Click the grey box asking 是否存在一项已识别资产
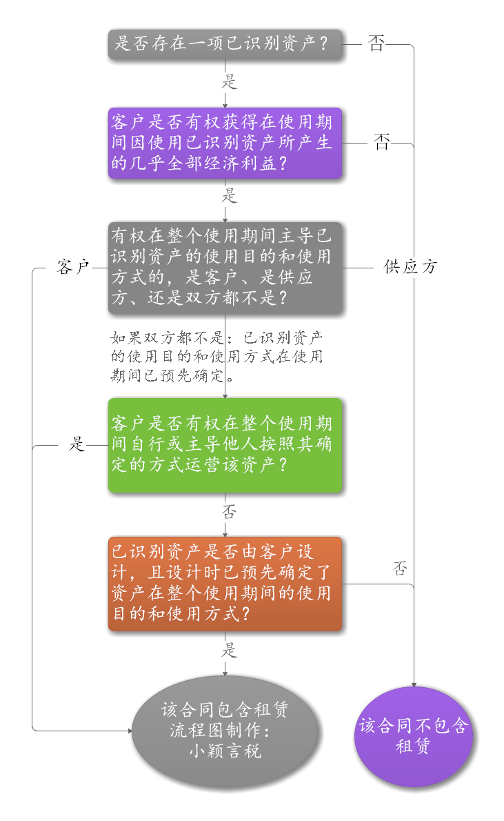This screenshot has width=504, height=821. click(x=225, y=45)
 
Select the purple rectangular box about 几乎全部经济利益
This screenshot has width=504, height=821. click(x=225, y=144)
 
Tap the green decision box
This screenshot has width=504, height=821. click(x=225, y=445)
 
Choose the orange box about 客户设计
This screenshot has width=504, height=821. click(x=225, y=583)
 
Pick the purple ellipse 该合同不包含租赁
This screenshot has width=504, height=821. click(x=414, y=736)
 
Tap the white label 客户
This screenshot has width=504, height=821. click(x=70, y=267)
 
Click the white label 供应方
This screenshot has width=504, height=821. click(x=406, y=267)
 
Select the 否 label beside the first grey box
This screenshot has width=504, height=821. click(x=374, y=45)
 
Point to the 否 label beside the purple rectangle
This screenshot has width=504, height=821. click(x=380, y=144)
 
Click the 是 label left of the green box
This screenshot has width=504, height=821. click(x=72, y=445)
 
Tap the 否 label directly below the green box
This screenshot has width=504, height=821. click(x=225, y=512)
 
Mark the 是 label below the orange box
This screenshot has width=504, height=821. click(x=225, y=650)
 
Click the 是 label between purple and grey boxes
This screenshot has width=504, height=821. click(x=225, y=196)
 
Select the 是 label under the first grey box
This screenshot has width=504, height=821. click(x=225, y=82)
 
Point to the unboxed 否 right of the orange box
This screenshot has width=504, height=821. click(x=399, y=569)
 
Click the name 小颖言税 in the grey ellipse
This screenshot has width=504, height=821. click(x=225, y=751)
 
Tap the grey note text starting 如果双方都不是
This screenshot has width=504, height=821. click(x=216, y=357)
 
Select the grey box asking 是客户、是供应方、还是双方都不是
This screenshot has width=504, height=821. click(x=225, y=267)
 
